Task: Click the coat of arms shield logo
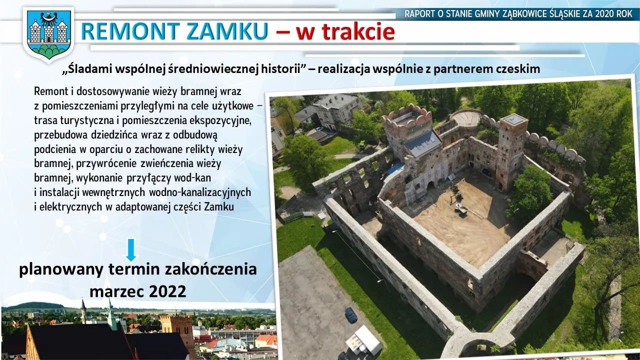coord(48,35)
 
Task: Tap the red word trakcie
coord(345,31)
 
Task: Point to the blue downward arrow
coord(131,250)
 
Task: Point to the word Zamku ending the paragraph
coord(219,207)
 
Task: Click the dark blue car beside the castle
coord(351,315)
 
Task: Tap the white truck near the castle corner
coord(363,341)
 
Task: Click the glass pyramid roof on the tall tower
coord(514,119)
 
